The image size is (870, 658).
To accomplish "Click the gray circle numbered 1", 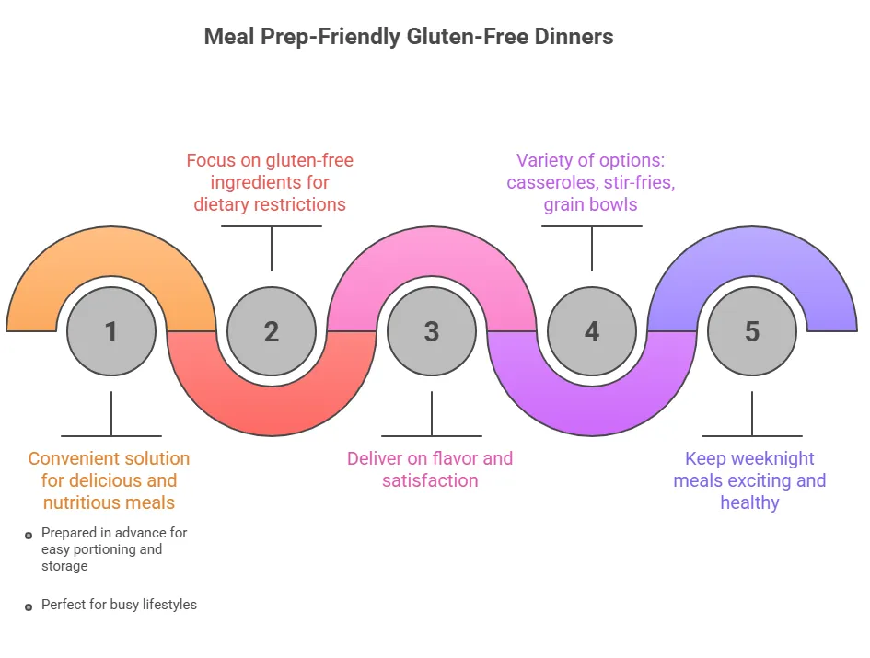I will tap(111, 331).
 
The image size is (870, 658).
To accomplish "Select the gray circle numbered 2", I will tap(272, 331).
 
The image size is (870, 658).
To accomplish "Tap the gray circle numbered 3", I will tap(432, 331).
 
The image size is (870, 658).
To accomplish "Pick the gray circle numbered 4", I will tap(592, 331).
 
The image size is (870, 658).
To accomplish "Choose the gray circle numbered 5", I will tap(752, 331).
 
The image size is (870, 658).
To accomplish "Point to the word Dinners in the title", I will tap(576, 38).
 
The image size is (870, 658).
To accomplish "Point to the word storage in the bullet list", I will tap(64, 566).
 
